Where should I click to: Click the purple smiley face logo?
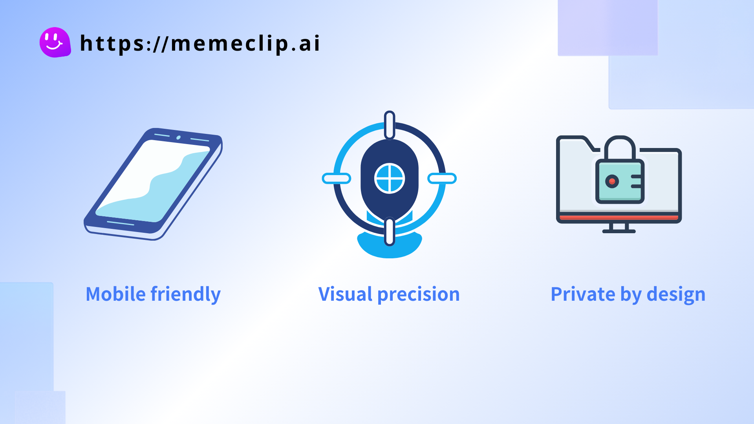55,42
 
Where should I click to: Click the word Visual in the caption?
345,294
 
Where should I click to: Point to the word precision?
419,295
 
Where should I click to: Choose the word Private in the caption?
583,294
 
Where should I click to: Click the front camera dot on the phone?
178,137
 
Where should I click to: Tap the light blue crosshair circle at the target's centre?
390,179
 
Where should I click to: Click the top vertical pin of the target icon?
390,125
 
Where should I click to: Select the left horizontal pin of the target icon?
337,179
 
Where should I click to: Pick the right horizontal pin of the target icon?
442,179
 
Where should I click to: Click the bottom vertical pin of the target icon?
390,232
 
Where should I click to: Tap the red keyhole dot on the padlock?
612,181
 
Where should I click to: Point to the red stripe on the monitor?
619,217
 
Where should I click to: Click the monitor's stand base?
619,231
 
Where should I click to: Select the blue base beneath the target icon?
390,245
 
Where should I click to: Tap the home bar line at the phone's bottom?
121,224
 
